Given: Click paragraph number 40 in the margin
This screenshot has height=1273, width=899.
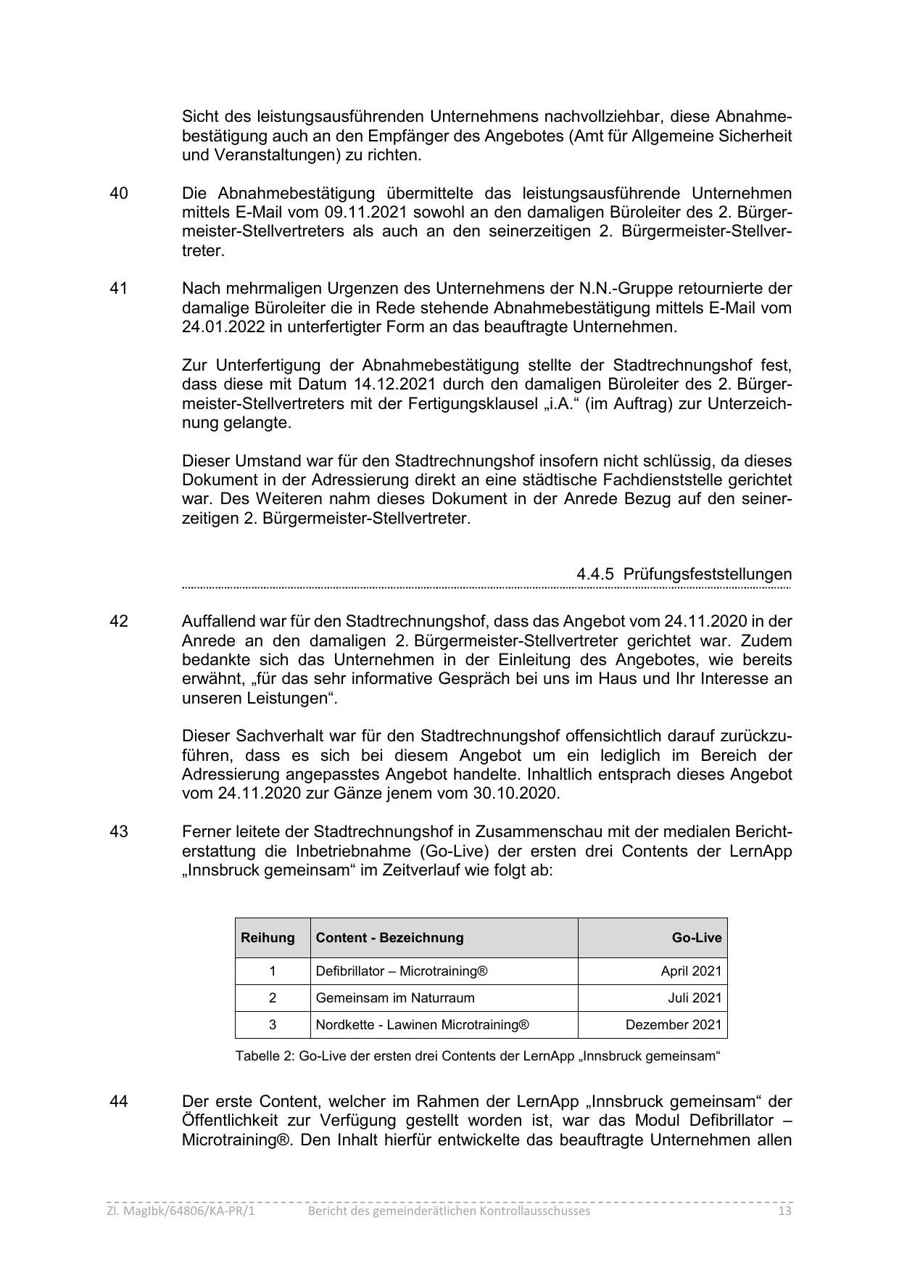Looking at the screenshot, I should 119,194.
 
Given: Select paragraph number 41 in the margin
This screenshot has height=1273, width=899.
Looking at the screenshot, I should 119,289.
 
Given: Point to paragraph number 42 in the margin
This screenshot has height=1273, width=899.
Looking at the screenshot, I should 119,622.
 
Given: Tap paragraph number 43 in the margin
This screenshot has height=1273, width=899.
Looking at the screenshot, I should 119,831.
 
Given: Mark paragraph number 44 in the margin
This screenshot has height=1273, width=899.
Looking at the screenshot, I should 119,1101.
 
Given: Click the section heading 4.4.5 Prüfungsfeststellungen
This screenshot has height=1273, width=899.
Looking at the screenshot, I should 684,574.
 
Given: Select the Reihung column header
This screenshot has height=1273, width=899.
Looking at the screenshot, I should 268,937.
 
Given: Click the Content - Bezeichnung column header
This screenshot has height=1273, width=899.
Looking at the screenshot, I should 389,937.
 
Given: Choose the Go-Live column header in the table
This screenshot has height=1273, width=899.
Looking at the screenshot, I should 696,937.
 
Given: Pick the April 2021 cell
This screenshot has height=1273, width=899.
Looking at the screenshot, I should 691,971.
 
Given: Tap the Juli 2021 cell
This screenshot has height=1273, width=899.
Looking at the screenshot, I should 695,998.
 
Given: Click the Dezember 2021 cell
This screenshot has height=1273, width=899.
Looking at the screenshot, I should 674,1025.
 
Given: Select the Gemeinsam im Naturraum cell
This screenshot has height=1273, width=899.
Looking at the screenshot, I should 395,998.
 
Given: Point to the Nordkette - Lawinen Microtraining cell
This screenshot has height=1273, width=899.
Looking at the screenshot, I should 422,1025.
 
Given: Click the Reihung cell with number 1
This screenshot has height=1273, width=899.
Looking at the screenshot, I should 273,971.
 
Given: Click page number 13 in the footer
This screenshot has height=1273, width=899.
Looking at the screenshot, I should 784,1211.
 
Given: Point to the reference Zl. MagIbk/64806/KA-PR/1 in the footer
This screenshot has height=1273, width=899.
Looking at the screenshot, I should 181,1211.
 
